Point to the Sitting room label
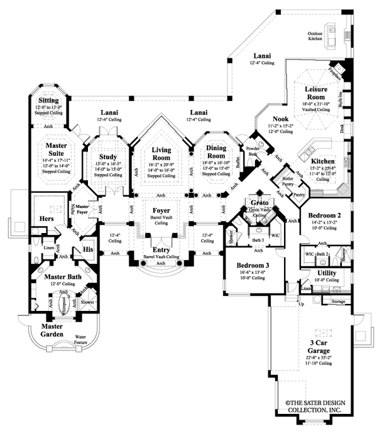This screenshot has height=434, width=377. pyautogui.click(x=49, y=100)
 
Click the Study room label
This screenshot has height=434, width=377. pyautogui.click(x=108, y=157)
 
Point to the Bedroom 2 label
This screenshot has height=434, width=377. pyautogui.click(x=324, y=215)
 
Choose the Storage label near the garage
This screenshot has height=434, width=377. pyautogui.click(x=339, y=302)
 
